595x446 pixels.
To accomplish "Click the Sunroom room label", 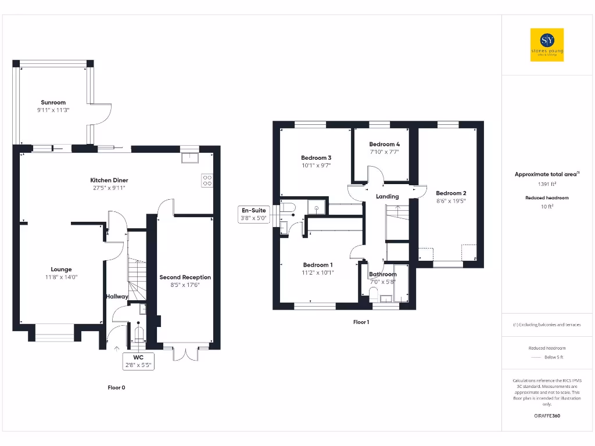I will coord(53,102).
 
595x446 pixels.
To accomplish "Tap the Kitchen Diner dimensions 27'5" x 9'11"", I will coord(109,188).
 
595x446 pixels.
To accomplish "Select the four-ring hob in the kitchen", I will coord(207,181).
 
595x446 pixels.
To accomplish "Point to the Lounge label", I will coord(61,269).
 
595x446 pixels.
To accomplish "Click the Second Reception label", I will coord(185,278).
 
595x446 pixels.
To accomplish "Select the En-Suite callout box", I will coord(254,215).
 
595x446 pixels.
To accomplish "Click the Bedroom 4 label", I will coord(384,144).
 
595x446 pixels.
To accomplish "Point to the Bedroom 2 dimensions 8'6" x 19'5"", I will coord(451,201).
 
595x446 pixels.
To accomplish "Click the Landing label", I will coord(387,196).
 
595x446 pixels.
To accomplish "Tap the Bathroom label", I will coord(383,274).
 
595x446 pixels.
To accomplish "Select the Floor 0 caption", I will coord(116,387).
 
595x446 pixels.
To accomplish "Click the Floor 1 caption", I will coord(361,322).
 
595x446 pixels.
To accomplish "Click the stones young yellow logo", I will coord(547,45).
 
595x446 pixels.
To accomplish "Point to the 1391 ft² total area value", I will coord(547,184).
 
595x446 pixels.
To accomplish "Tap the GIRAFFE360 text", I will coord(547,416).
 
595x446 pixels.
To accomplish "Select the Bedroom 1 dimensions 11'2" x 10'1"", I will coord(318,272).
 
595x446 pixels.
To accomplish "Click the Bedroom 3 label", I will coord(316,158).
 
